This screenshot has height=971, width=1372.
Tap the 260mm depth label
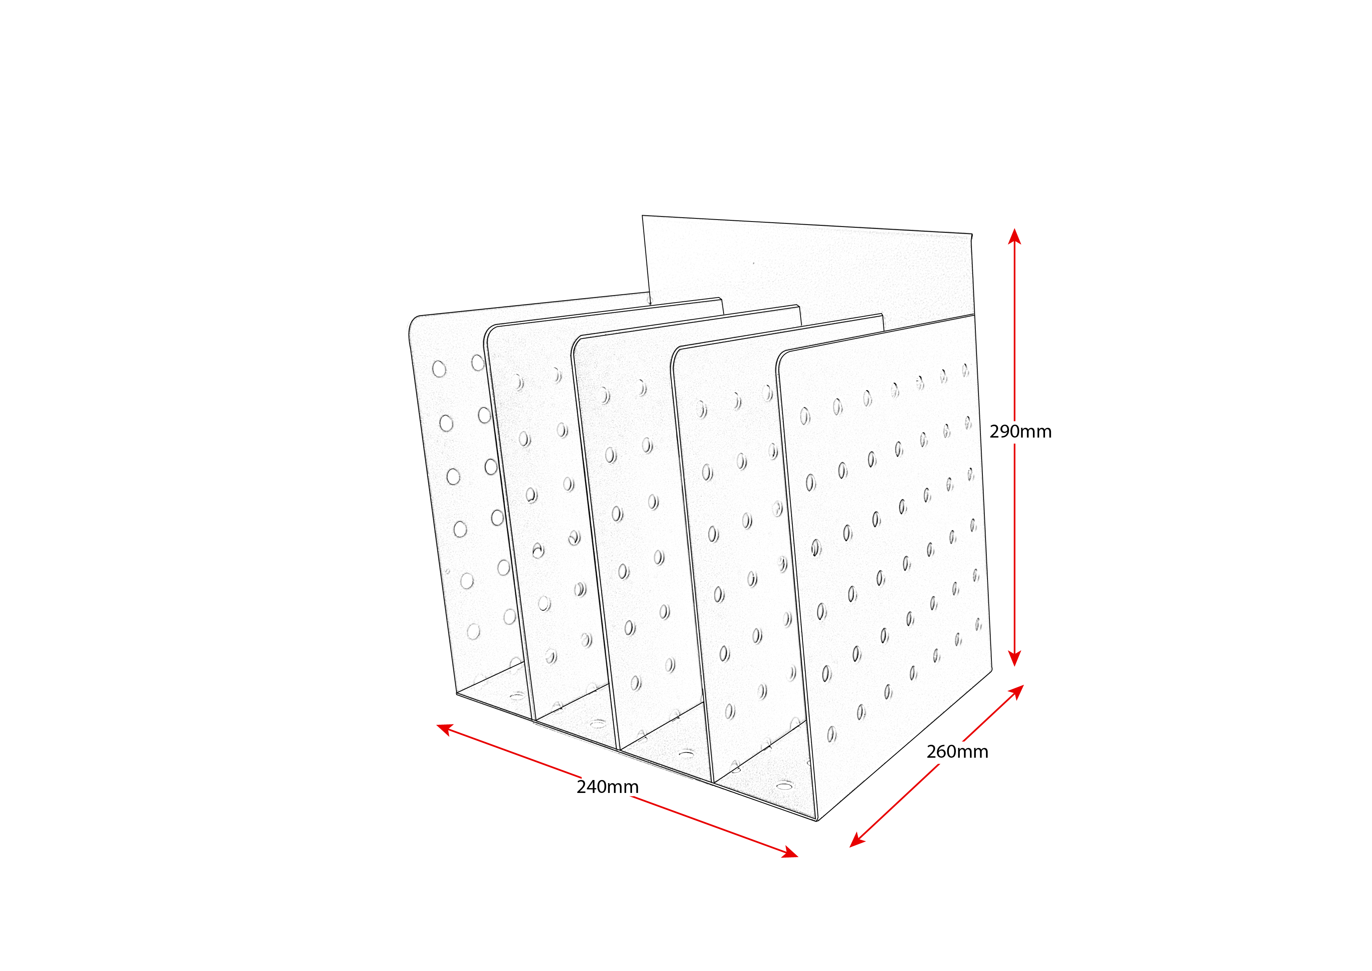click(x=957, y=751)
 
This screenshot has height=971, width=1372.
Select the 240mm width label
click(x=607, y=787)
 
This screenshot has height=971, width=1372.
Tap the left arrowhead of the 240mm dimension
click(x=445, y=729)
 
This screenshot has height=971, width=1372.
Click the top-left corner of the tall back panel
click(x=642, y=216)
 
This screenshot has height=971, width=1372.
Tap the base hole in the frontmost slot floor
click(x=784, y=785)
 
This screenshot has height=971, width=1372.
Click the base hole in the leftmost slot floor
click(x=517, y=696)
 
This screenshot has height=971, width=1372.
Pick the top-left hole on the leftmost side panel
click(x=439, y=369)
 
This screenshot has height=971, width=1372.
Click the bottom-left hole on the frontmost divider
click(x=832, y=734)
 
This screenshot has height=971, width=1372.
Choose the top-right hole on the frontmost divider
click(x=966, y=370)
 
